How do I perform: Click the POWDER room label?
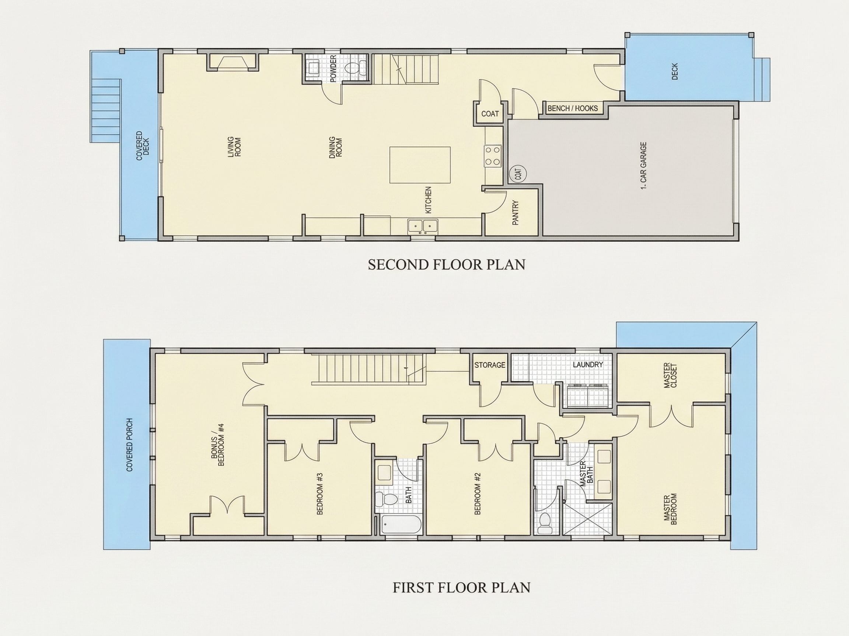pyautogui.click(x=333, y=68)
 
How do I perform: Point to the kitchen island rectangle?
pyautogui.click(x=420, y=165)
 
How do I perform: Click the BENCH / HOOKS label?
pyautogui.click(x=572, y=108)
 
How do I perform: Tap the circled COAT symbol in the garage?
pyautogui.click(x=518, y=174)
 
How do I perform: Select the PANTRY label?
pyautogui.click(x=516, y=212)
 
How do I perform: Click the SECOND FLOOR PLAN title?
pyautogui.click(x=446, y=265)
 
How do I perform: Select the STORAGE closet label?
pyautogui.click(x=490, y=365)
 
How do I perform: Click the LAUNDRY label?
pyautogui.click(x=588, y=365)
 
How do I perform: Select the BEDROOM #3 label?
pyautogui.click(x=320, y=494)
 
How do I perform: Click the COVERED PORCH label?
pyautogui.click(x=129, y=445)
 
